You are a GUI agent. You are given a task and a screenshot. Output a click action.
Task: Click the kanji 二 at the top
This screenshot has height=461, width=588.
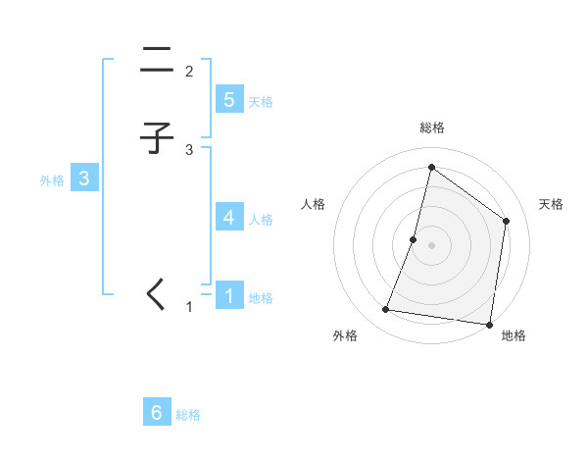coord(157,61)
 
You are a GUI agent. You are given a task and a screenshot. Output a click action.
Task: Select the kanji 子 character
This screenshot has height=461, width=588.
coord(157,139)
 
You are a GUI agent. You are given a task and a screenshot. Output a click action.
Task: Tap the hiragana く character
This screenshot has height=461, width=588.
coord(156,293)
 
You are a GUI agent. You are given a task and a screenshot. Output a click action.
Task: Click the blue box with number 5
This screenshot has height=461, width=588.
coord(229,100)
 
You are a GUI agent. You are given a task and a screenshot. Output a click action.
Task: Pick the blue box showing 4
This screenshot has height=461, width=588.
coord(229,217)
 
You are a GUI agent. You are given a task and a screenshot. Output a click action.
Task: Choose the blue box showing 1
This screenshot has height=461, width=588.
coord(229,295)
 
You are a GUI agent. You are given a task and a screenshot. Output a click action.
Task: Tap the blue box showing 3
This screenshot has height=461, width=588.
coord(84,179)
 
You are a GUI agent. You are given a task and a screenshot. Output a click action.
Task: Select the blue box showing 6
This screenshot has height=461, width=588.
coord(157,413)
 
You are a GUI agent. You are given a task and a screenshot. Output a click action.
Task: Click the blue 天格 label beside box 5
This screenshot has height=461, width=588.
coord(261,102)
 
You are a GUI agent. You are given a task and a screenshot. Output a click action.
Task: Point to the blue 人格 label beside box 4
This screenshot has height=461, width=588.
coord(261,219)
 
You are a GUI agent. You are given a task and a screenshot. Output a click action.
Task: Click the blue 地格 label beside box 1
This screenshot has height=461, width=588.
coord(261,297)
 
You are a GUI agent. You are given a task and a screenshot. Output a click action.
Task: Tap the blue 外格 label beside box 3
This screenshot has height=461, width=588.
coord(52,180)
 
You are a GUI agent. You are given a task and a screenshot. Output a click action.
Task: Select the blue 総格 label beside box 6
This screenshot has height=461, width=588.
coord(188,415)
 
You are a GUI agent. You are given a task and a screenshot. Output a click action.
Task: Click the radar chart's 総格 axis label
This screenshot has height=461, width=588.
coord(432,128)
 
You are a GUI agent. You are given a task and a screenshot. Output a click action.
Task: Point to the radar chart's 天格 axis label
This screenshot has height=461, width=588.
coord(551,204)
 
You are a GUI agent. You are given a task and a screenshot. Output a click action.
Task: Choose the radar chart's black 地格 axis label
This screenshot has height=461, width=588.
coord(514,335)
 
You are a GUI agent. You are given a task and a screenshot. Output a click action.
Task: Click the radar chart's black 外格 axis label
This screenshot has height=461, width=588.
coord(345,335)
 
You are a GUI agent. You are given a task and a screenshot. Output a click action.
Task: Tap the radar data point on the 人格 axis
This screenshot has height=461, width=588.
coord(414,239)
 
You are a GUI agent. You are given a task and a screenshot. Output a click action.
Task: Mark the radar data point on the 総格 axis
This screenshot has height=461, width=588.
coord(431,167)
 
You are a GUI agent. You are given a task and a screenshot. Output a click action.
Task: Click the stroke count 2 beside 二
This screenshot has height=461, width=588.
coord(188,72)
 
